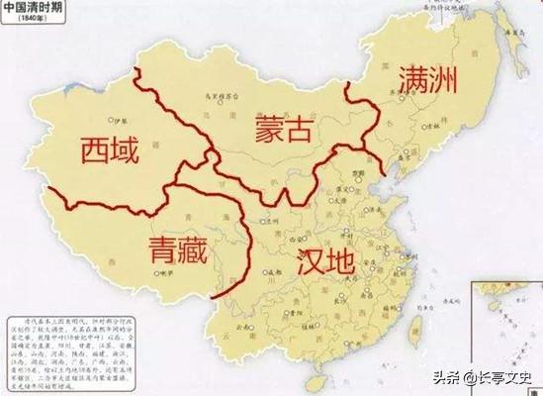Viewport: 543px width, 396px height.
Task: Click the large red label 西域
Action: coord(109,151)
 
